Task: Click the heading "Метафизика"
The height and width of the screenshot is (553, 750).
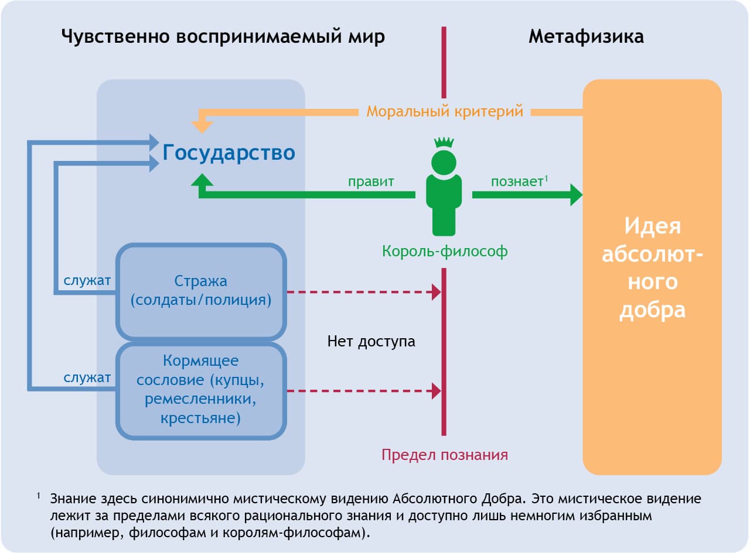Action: [x=585, y=37]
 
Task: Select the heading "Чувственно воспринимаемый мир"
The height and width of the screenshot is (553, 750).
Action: [x=223, y=37]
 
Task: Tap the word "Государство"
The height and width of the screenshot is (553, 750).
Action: [x=229, y=153]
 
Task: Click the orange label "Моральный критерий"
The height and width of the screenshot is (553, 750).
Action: [x=445, y=111]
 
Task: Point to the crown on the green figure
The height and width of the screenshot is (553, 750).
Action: [x=444, y=142]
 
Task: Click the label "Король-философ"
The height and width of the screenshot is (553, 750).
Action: [x=445, y=252]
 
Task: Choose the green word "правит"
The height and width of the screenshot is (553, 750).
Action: [x=371, y=181]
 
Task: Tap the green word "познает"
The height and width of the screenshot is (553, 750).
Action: [x=517, y=181]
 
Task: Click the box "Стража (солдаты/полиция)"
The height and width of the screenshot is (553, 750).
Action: [x=201, y=291]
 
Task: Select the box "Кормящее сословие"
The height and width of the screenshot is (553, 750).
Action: [x=201, y=390]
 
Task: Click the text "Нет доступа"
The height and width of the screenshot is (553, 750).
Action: [x=371, y=341]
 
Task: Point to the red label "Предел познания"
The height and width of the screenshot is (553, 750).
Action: [x=445, y=455]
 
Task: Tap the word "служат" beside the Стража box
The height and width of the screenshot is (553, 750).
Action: [x=87, y=281]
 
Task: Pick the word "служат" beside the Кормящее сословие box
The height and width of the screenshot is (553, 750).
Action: [x=87, y=378]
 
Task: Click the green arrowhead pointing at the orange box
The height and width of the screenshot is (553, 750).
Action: [x=576, y=194]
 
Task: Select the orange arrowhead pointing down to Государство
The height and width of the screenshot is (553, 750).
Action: [x=202, y=125]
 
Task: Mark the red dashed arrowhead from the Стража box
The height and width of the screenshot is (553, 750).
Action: [x=436, y=291]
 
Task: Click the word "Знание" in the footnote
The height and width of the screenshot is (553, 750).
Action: [x=71, y=500]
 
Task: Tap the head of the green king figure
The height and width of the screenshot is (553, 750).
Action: [x=444, y=161]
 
